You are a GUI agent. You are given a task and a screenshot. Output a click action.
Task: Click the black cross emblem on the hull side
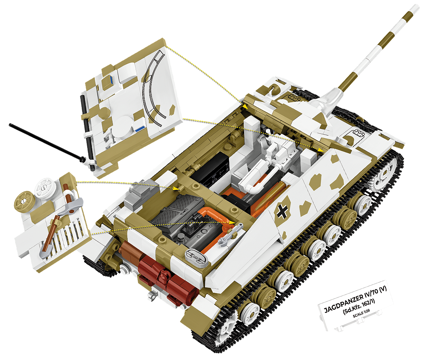(x=282, y=212)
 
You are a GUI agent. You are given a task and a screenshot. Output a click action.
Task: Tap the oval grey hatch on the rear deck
(x=195, y=257)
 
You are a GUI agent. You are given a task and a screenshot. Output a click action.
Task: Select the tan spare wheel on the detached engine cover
(x=24, y=200)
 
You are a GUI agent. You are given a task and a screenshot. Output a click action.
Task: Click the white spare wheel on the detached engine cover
(x=44, y=187)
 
